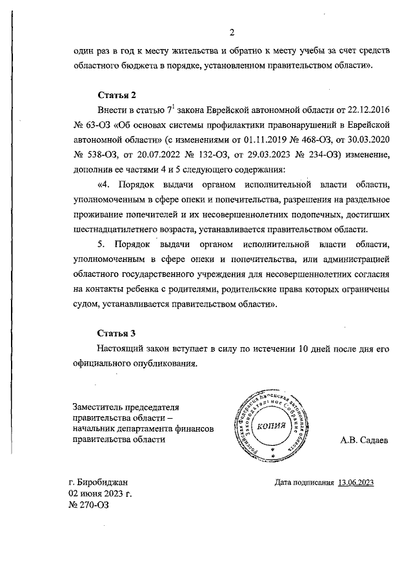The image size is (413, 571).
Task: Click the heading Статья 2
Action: click(116, 95)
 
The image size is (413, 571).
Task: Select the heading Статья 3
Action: click(116, 334)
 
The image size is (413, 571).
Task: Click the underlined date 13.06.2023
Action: click(356, 482)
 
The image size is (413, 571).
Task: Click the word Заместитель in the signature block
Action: click(99, 406)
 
